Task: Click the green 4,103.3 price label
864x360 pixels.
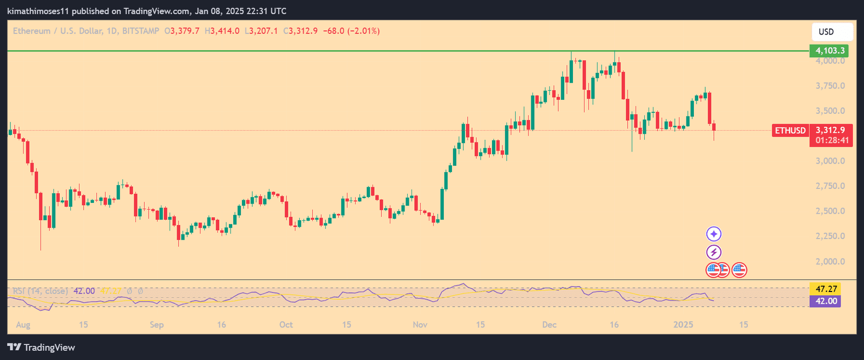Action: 829,51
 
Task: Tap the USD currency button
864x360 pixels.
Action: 832,32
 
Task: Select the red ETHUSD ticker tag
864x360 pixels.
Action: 791,131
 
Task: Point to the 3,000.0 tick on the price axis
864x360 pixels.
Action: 830,161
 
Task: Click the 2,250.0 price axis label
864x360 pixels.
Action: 830,236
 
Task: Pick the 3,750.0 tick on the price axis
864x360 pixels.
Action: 830,86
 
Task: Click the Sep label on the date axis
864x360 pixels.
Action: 157,324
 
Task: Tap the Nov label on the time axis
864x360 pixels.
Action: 420,324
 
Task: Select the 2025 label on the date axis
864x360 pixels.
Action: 683,324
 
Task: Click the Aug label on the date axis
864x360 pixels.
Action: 23,324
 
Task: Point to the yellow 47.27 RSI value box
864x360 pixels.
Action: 826,289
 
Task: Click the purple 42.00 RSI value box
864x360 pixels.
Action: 826,301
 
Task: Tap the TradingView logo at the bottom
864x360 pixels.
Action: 41,348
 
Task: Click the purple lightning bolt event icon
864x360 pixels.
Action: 714,252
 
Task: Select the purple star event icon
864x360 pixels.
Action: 714,234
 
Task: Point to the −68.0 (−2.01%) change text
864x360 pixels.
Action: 352,31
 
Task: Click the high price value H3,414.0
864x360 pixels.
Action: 222,31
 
